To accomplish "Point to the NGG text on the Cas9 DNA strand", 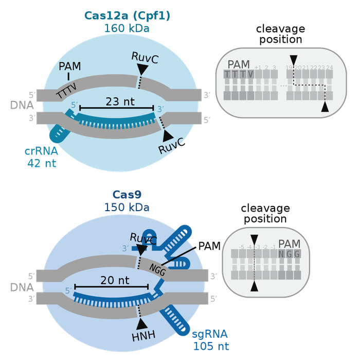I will pyautogui.click(x=156, y=268).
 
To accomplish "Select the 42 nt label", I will pyautogui.click(x=42, y=163).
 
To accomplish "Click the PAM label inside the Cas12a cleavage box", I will pyautogui.click(x=238, y=64).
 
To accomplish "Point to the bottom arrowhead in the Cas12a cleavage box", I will pyautogui.click(x=325, y=107).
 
